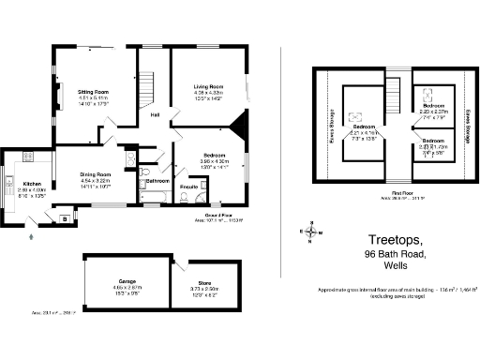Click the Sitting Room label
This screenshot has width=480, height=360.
[95, 92]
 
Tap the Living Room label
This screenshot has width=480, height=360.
[207, 85]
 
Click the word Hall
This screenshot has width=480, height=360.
[155, 115]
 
